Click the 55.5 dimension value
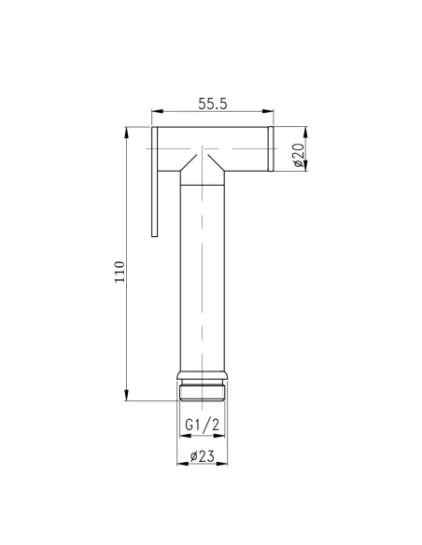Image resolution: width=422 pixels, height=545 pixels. (212, 105)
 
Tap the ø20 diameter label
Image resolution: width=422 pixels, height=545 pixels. (298, 152)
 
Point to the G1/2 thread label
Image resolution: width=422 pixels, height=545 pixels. (202, 425)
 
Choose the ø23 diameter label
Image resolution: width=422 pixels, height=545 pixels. (203, 456)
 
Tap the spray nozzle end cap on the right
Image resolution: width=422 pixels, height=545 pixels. (269, 150)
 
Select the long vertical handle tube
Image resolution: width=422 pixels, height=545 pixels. (202, 280)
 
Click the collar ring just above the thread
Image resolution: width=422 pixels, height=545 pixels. (202, 379)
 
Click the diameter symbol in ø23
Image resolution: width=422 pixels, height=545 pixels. (192, 456)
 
